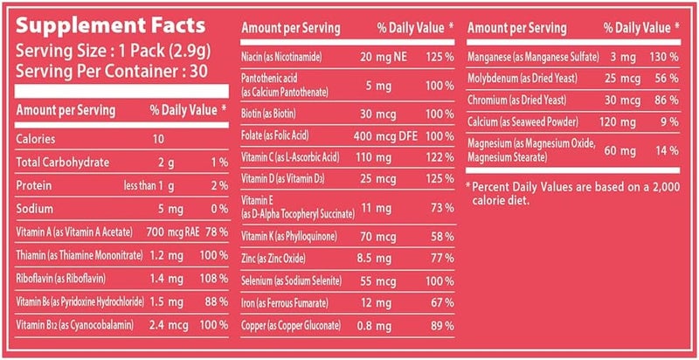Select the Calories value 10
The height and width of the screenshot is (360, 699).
coord(156,138)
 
